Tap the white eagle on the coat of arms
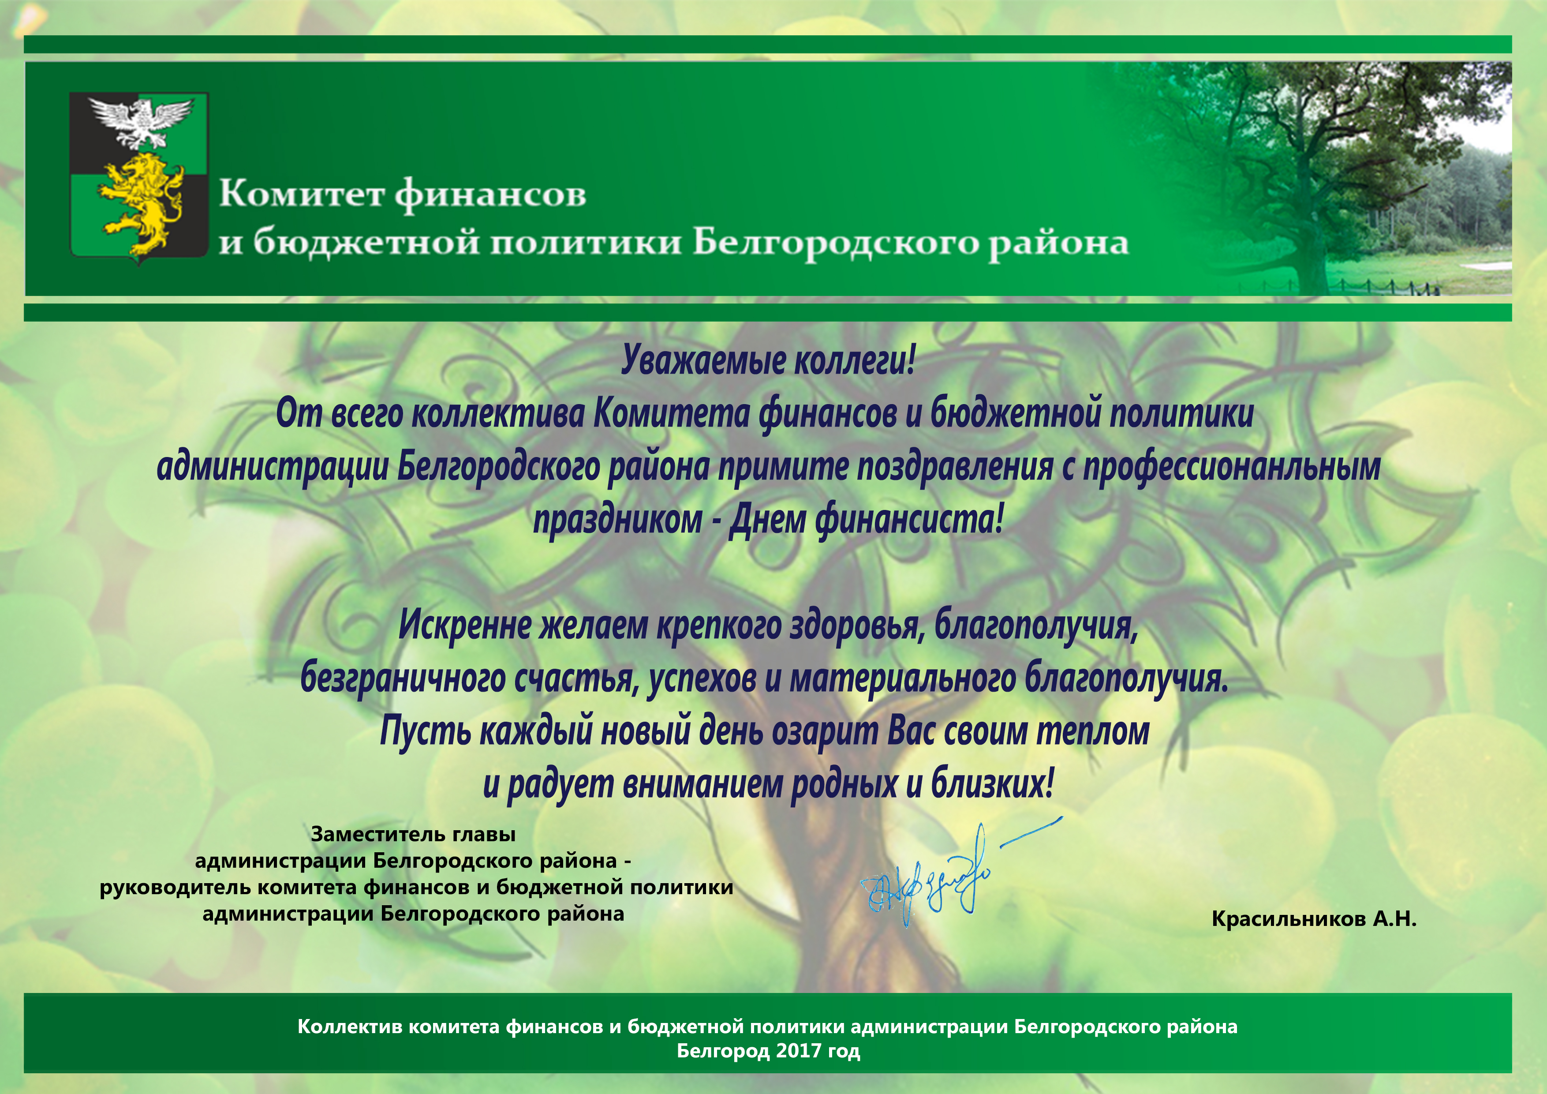pyautogui.click(x=141, y=121)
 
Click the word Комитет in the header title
pyautogui.click(x=302, y=194)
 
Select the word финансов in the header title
pyautogui.click(x=490, y=195)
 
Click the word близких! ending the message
pyautogui.click(x=992, y=784)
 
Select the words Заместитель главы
pyautogui.click(x=413, y=835)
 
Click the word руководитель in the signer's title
pyautogui.click(x=175, y=888)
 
